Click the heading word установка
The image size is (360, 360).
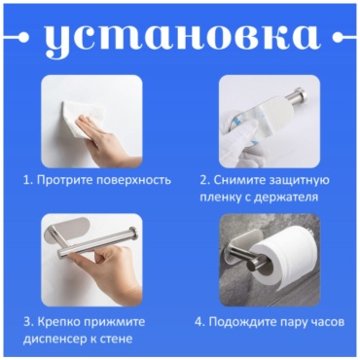180,37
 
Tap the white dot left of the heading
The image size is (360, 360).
24,37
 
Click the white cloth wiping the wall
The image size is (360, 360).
84,121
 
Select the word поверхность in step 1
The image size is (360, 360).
134,180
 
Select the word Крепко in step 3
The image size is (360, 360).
58,322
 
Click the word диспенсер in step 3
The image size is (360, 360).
54,340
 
